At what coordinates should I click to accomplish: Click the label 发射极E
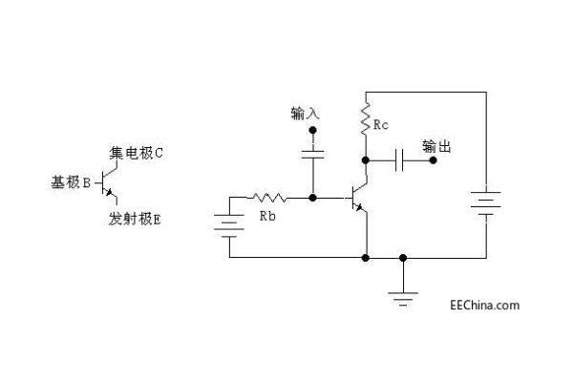point(135,219)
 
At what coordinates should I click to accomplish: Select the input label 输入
point(306,113)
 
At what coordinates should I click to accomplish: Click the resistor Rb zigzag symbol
point(268,199)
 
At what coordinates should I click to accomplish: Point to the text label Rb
point(269,217)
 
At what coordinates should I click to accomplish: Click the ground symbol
point(403,298)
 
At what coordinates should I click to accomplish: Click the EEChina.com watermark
point(484,306)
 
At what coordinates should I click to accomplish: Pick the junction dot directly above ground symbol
point(403,258)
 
